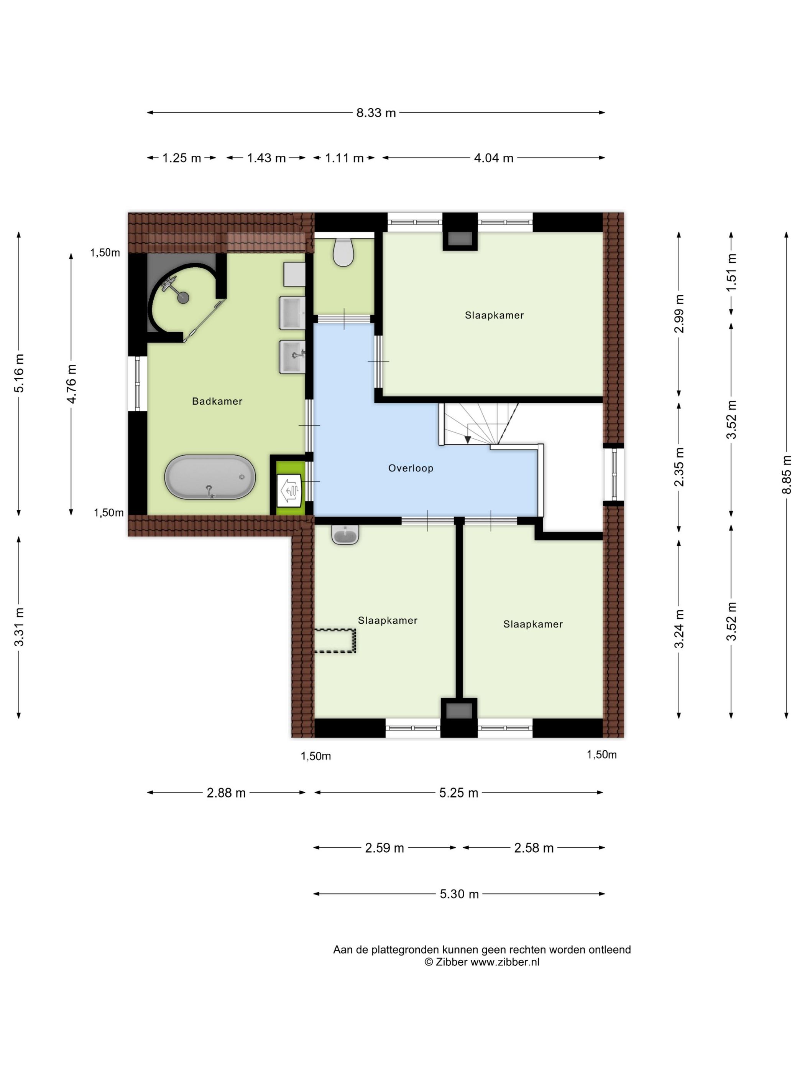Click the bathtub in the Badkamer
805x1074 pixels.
tap(210, 477)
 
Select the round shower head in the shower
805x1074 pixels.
tap(183, 298)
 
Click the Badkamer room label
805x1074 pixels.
tap(217, 401)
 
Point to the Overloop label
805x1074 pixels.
tap(411, 468)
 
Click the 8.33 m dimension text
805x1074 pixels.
tap(376, 113)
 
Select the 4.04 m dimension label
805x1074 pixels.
tap(493, 158)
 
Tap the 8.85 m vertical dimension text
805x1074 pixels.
tap(786, 475)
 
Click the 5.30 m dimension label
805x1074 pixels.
tap(459, 894)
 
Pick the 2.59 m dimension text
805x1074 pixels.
tap(384, 848)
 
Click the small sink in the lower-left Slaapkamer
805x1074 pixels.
tap(345, 534)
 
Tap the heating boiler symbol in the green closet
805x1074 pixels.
tap(290, 490)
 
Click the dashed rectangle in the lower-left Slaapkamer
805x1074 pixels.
tap(335, 641)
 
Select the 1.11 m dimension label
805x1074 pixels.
tap(344, 158)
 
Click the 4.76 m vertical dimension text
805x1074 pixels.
tap(71, 384)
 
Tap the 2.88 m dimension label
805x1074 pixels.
tap(226, 793)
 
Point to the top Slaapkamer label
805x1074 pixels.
tap(494, 315)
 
